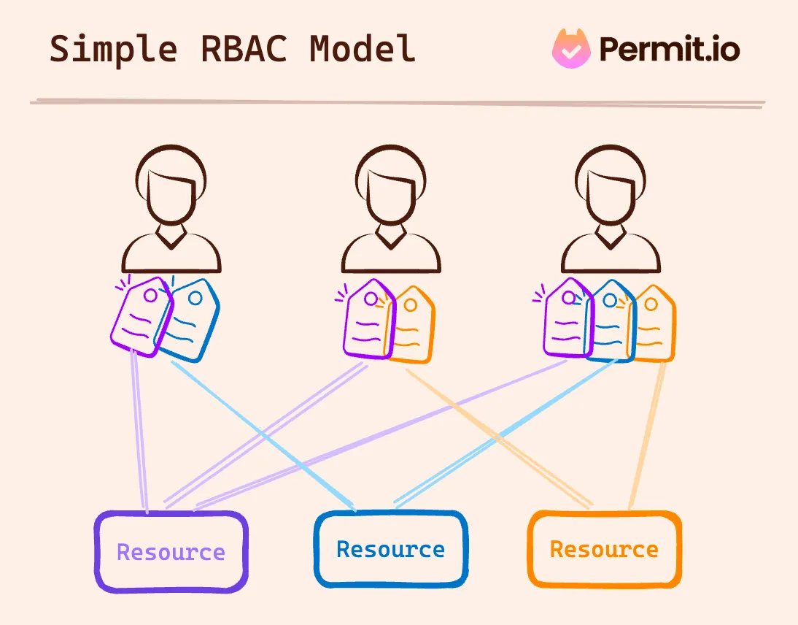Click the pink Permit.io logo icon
570,48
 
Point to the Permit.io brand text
669,49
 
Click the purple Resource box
171,552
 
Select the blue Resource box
391,549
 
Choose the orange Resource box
605,549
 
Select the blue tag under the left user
191,321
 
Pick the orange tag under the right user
653,324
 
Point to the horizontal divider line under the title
398,102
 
